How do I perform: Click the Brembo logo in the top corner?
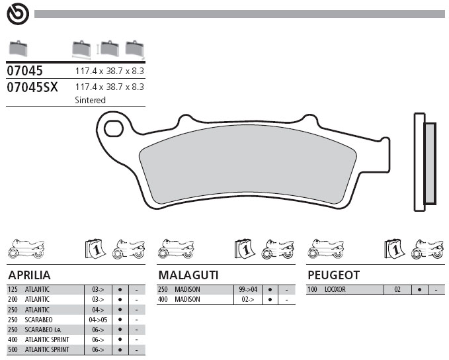tap(18, 14)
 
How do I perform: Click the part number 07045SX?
tap(32, 87)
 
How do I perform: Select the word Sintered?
tap(90, 100)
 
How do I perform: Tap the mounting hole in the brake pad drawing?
tap(114, 128)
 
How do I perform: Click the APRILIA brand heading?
tap(29, 275)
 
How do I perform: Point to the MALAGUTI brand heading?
tap(188, 275)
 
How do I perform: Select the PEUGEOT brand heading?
tap(333, 275)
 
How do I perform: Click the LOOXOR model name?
tap(335, 289)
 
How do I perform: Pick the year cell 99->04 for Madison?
tap(248, 289)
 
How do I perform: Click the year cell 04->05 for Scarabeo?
tap(98, 320)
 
